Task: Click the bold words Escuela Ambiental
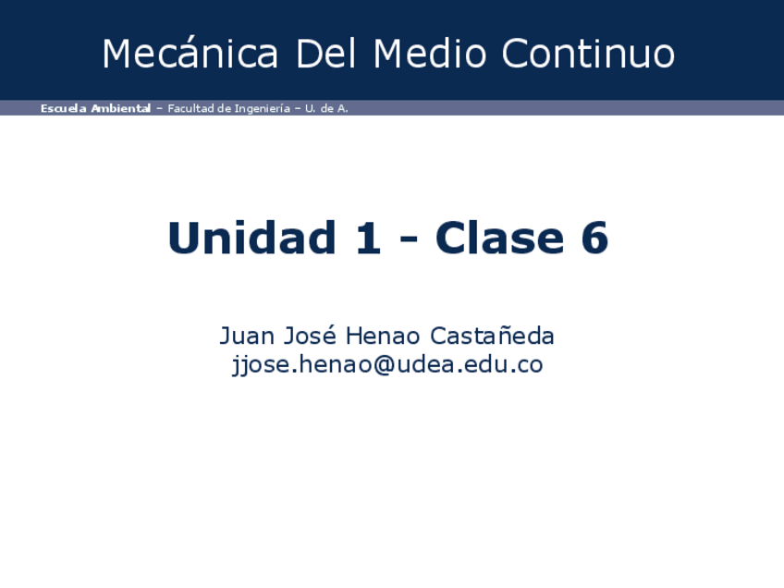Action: pyautogui.click(x=95, y=108)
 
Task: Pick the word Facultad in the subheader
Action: pyautogui.click(x=190, y=108)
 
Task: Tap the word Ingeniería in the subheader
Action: pyautogui.click(x=260, y=109)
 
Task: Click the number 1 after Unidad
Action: pyautogui.click(x=368, y=239)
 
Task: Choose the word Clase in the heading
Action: pyautogui.click(x=499, y=239)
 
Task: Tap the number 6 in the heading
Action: pyautogui.click(x=594, y=239)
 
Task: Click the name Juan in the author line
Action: pyautogui.click(x=244, y=335)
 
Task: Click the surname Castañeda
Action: pyautogui.click(x=493, y=335)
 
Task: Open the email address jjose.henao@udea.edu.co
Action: pyautogui.click(x=386, y=364)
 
